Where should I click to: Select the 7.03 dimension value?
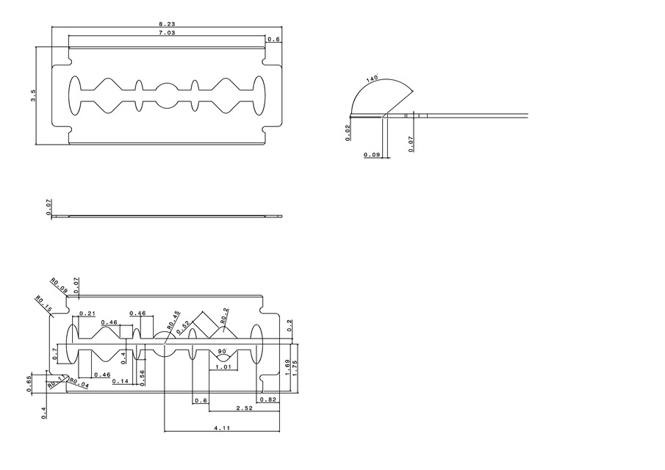(167, 33)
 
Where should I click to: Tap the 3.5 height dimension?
(33, 95)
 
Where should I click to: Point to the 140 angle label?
(371, 78)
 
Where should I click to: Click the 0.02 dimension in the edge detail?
(348, 132)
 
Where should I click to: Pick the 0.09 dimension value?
(372, 155)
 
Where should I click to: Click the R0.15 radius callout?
(43, 303)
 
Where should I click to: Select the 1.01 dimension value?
(225, 366)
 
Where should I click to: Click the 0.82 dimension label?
(267, 399)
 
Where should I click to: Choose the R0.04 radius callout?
(79, 383)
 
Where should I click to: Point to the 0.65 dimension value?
(29, 383)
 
